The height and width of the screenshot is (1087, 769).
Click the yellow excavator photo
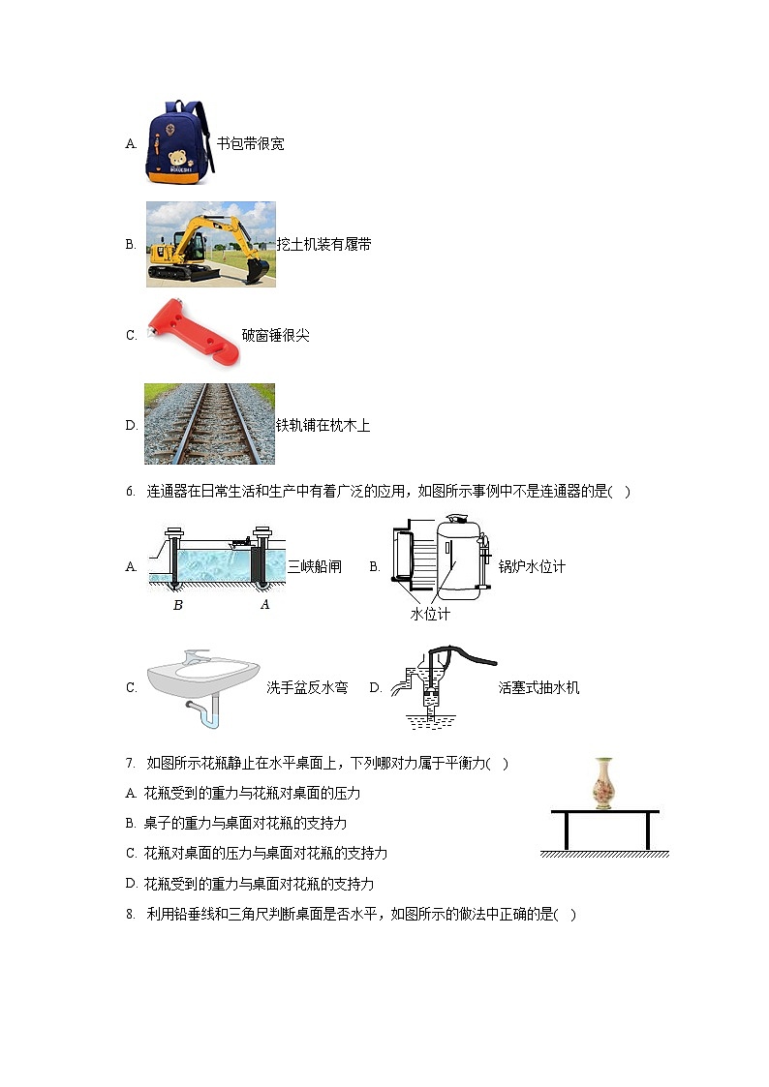[210, 244]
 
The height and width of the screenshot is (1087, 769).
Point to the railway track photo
[209, 424]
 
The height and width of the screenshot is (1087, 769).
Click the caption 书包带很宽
[250, 144]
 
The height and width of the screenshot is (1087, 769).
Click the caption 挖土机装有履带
[323, 245]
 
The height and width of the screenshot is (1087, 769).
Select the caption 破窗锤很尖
[275, 336]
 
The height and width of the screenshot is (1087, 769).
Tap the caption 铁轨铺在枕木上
[323, 426]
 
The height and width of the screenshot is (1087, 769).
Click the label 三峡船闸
[315, 567]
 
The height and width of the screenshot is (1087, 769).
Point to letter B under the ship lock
[177, 605]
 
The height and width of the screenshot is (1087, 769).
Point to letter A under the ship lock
[264, 605]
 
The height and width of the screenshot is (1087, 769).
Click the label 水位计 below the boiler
[430, 615]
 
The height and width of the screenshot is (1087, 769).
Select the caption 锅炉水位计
[531, 567]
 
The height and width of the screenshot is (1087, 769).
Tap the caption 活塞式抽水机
[538, 688]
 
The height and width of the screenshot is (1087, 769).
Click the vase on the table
[605, 783]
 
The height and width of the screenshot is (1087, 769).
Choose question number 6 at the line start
[130, 492]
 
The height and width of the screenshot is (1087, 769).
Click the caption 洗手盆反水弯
[307, 688]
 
